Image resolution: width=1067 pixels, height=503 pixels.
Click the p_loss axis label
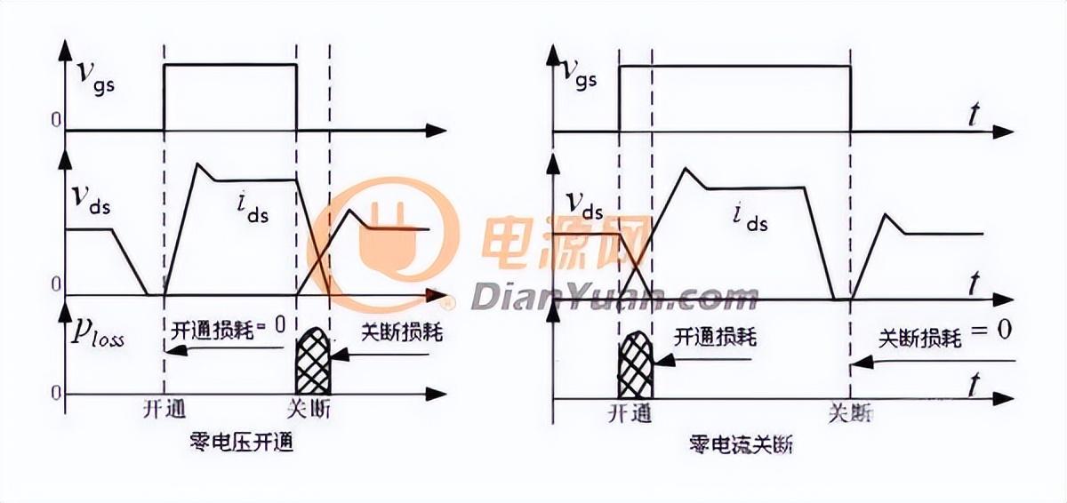(x=99, y=337)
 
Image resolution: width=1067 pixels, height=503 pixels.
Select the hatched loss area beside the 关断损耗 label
(x=312, y=362)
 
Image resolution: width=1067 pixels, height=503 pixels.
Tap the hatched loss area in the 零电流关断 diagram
(x=636, y=365)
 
